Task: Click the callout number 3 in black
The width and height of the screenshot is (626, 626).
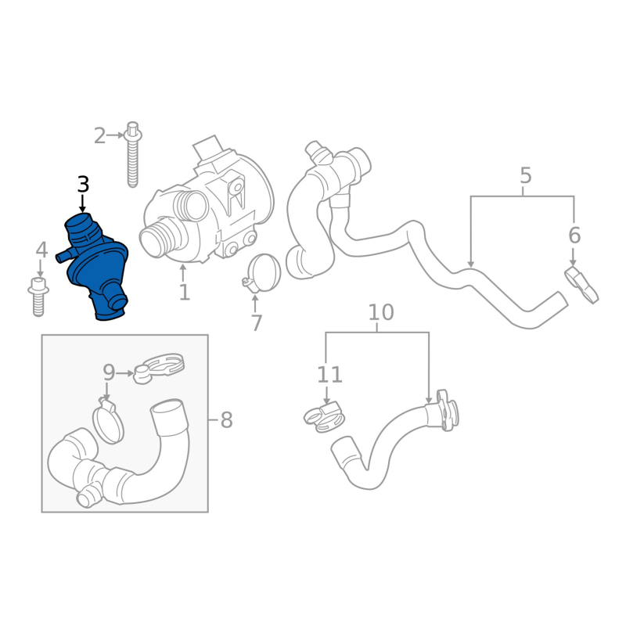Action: (83, 185)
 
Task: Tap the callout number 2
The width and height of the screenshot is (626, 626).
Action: (100, 136)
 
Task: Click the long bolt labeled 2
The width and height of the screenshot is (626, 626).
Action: (132, 155)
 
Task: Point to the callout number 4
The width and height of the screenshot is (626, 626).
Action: (42, 250)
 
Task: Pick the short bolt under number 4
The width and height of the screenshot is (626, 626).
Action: (38, 297)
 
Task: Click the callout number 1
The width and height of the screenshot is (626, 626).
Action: (184, 292)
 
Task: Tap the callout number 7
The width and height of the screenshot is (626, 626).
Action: (257, 323)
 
